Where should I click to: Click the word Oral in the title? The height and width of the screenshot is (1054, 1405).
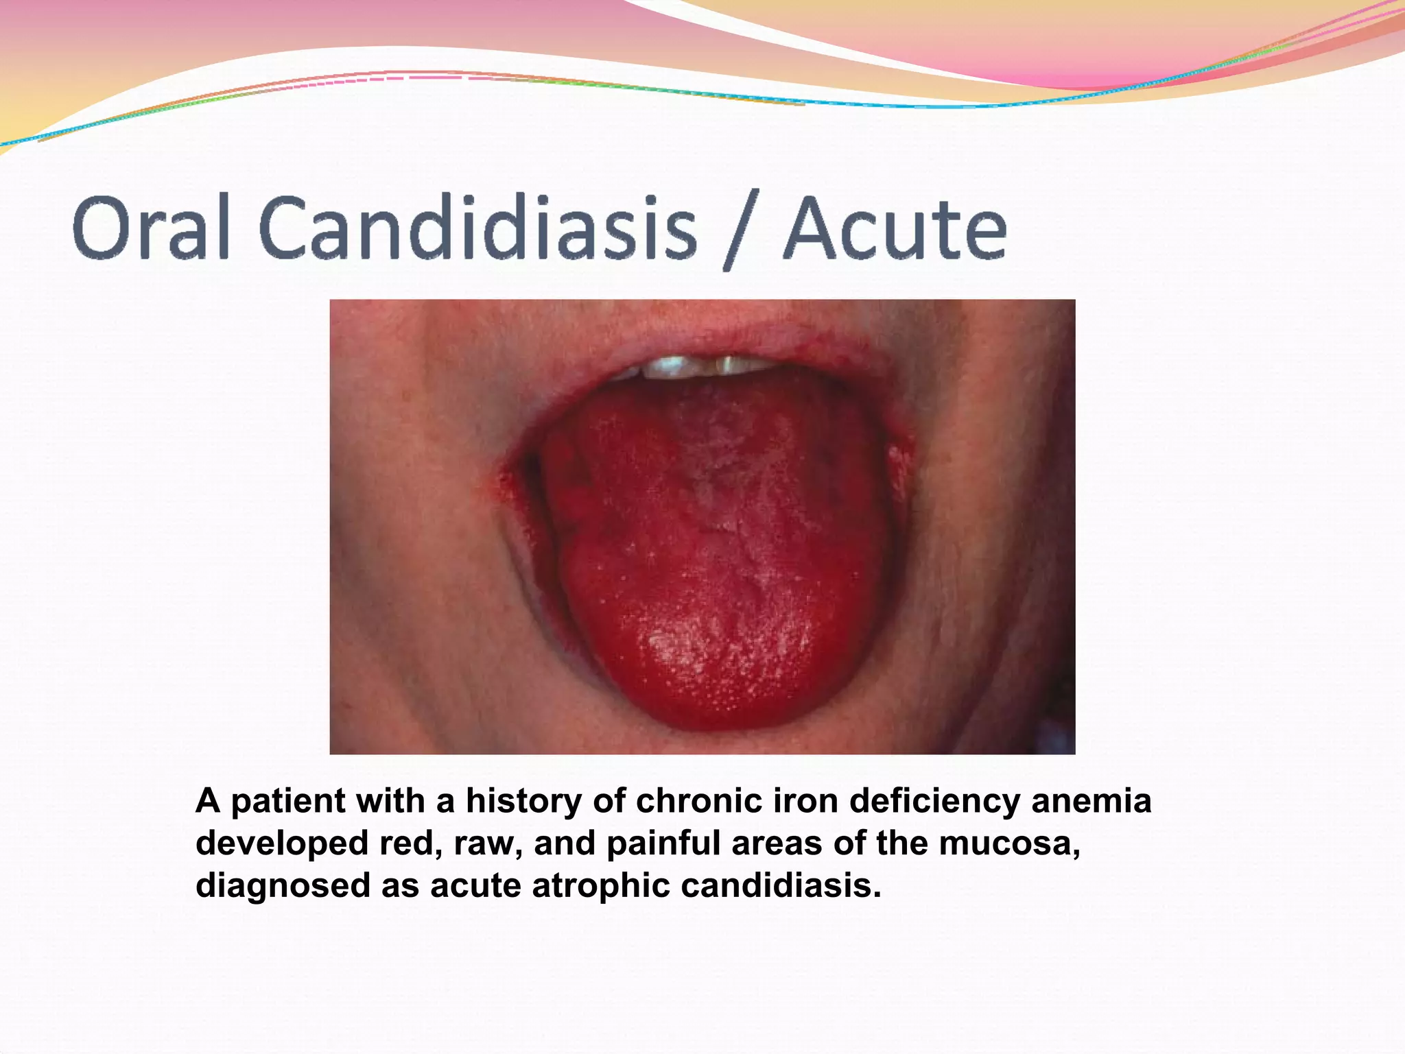point(150,228)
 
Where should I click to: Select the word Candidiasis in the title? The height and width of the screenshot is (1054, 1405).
point(478,228)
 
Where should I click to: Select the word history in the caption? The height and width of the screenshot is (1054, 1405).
point(523,802)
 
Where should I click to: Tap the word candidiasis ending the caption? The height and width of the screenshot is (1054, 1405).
point(780,885)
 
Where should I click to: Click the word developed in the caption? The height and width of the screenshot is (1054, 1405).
point(282,843)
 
